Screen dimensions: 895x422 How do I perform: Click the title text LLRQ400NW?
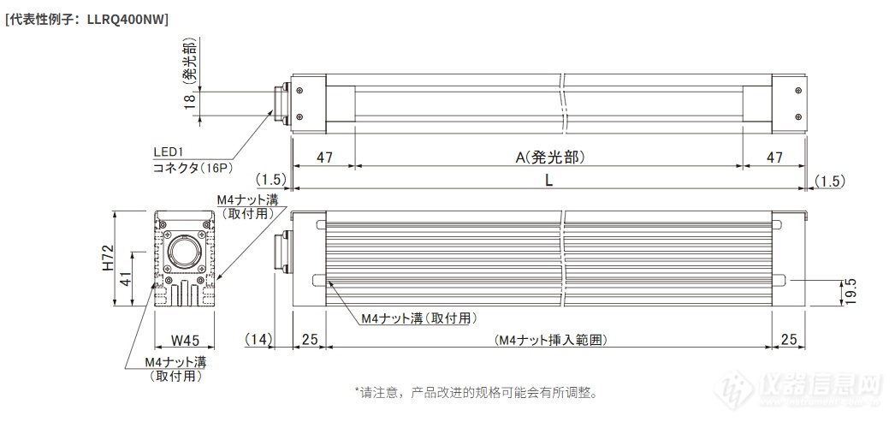(x=127, y=20)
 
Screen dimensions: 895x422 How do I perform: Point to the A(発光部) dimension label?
(x=550, y=158)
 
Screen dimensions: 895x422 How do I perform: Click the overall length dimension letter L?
(x=548, y=181)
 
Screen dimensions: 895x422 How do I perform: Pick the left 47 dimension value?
(x=324, y=158)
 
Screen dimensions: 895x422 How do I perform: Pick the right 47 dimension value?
(x=774, y=158)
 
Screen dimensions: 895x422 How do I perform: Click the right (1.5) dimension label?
(x=829, y=181)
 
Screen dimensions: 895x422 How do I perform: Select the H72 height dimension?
(x=109, y=259)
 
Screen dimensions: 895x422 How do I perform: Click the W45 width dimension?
(x=185, y=341)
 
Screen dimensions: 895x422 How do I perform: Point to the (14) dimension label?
(x=258, y=341)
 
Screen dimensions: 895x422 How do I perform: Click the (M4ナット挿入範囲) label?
(x=550, y=341)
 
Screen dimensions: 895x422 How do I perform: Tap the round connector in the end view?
(x=184, y=251)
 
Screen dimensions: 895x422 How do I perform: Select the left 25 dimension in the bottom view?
(x=309, y=341)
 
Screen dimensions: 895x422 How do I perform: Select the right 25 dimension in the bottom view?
(x=788, y=341)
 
